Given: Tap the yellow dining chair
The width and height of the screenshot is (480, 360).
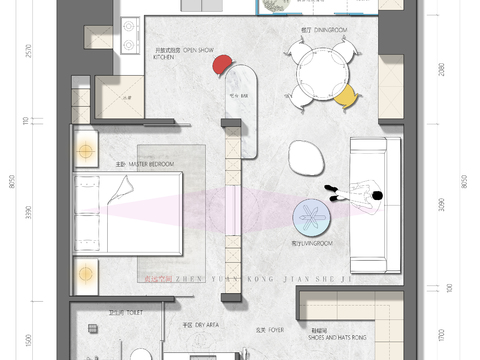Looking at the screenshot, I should click(345, 95).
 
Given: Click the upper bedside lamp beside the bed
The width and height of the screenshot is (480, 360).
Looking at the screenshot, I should click(86, 150).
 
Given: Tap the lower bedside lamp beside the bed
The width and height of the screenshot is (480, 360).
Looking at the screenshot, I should click(86, 270).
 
